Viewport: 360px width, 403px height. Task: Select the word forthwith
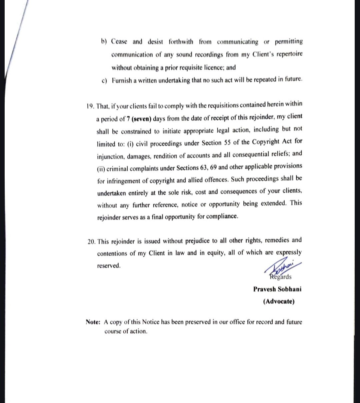[181, 42]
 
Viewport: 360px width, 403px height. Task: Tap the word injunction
[110, 156]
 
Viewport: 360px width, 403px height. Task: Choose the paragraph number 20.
[91, 241]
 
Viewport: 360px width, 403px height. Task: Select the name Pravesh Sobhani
[277, 289]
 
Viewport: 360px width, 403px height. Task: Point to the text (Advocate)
[279, 301]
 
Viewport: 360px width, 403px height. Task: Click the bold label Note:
[93, 322]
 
